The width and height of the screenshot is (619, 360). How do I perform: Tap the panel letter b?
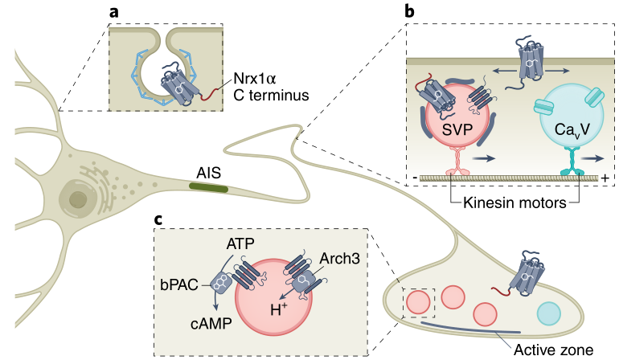410,13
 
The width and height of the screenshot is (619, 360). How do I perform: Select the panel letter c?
162,219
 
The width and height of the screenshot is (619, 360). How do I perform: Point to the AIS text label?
208,172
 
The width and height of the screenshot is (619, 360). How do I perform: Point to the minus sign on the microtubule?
413,177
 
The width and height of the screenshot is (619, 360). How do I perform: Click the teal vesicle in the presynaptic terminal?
549,313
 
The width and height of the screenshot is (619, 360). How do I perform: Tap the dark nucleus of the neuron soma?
78,199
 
